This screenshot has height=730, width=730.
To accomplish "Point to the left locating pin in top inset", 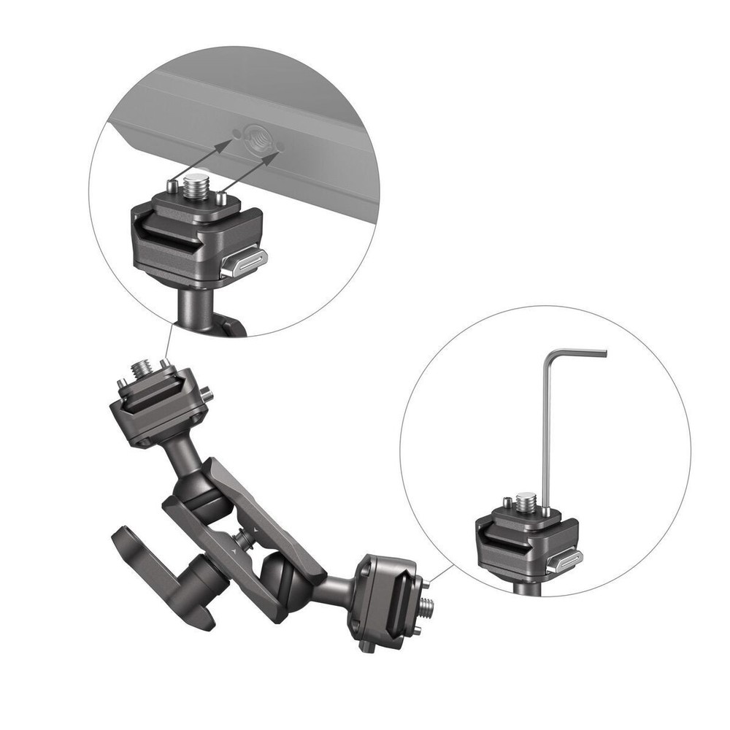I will [x=172, y=187].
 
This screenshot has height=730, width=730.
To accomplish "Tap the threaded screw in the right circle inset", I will [x=523, y=502].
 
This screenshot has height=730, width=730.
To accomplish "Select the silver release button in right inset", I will [x=567, y=561].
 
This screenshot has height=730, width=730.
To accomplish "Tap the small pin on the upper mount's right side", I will [x=209, y=394].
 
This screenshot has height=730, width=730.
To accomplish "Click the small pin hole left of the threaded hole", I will [x=236, y=132].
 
